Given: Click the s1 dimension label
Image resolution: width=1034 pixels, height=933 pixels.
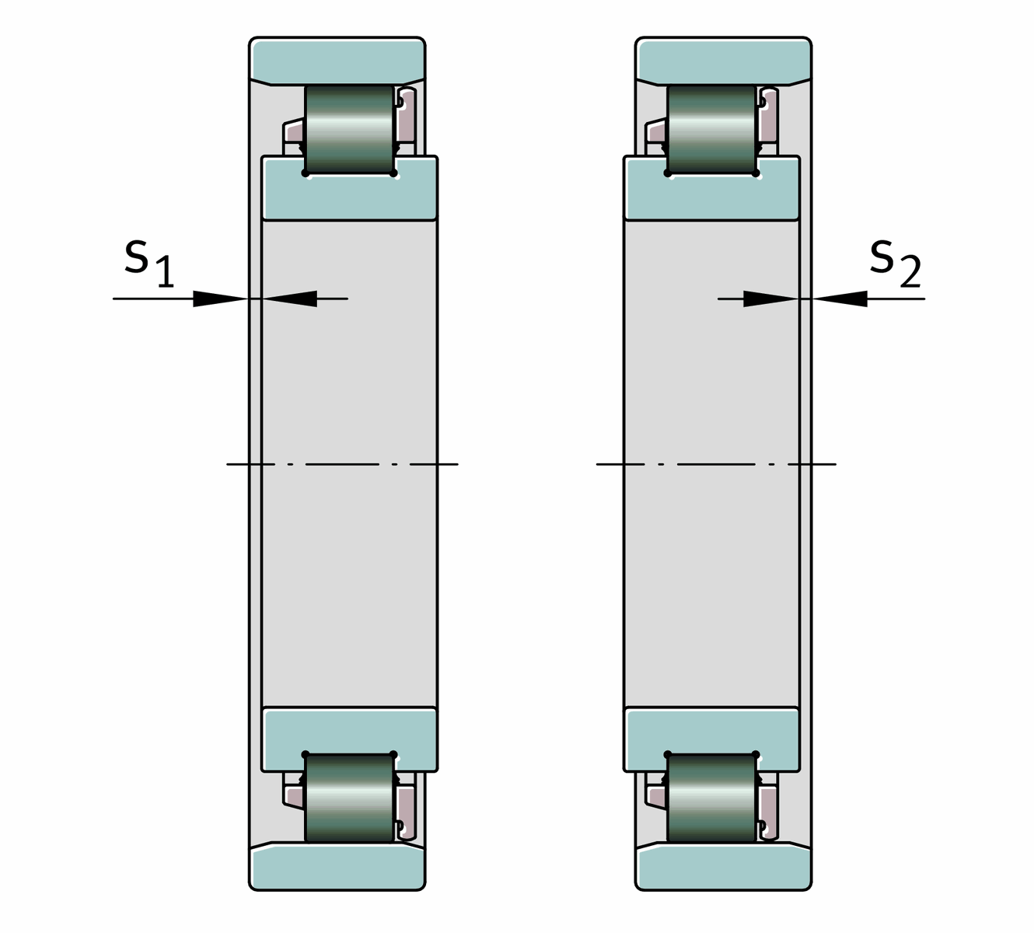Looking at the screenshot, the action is click(149, 264).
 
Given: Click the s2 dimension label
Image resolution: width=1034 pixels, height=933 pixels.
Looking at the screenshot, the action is click(895, 264).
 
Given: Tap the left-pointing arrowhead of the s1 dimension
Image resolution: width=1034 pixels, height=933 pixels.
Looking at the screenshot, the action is click(289, 299).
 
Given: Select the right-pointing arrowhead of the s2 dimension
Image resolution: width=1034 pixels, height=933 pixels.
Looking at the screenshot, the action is click(771, 299).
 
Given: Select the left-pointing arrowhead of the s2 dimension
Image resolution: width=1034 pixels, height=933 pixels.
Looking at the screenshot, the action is click(839, 299).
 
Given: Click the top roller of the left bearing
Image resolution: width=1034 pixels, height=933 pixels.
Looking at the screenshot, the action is click(350, 129).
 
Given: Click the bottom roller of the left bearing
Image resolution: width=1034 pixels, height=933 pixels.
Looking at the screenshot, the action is click(350, 798).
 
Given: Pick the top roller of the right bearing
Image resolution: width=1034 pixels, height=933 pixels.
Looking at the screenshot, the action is click(711, 129).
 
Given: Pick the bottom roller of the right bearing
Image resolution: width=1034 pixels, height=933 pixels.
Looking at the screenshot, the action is click(711, 798).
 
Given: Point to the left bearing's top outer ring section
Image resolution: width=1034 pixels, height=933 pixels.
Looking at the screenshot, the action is click(337, 61).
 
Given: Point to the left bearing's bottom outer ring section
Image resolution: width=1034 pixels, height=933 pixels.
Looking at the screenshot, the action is click(337, 866).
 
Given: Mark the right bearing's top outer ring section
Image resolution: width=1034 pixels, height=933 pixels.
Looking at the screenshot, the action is click(723, 61).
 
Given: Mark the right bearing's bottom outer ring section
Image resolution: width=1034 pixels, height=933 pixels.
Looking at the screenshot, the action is click(723, 866).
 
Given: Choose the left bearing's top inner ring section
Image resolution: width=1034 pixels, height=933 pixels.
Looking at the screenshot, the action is click(350, 189).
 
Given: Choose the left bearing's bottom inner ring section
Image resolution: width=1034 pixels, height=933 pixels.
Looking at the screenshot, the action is click(350, 739).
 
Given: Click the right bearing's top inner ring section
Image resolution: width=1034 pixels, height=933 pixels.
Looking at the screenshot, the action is click(711, 189).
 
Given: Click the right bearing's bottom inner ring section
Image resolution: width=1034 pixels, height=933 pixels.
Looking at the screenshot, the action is click(711, 739).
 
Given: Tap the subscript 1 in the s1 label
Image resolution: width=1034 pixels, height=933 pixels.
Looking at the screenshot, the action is click(165, 272).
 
